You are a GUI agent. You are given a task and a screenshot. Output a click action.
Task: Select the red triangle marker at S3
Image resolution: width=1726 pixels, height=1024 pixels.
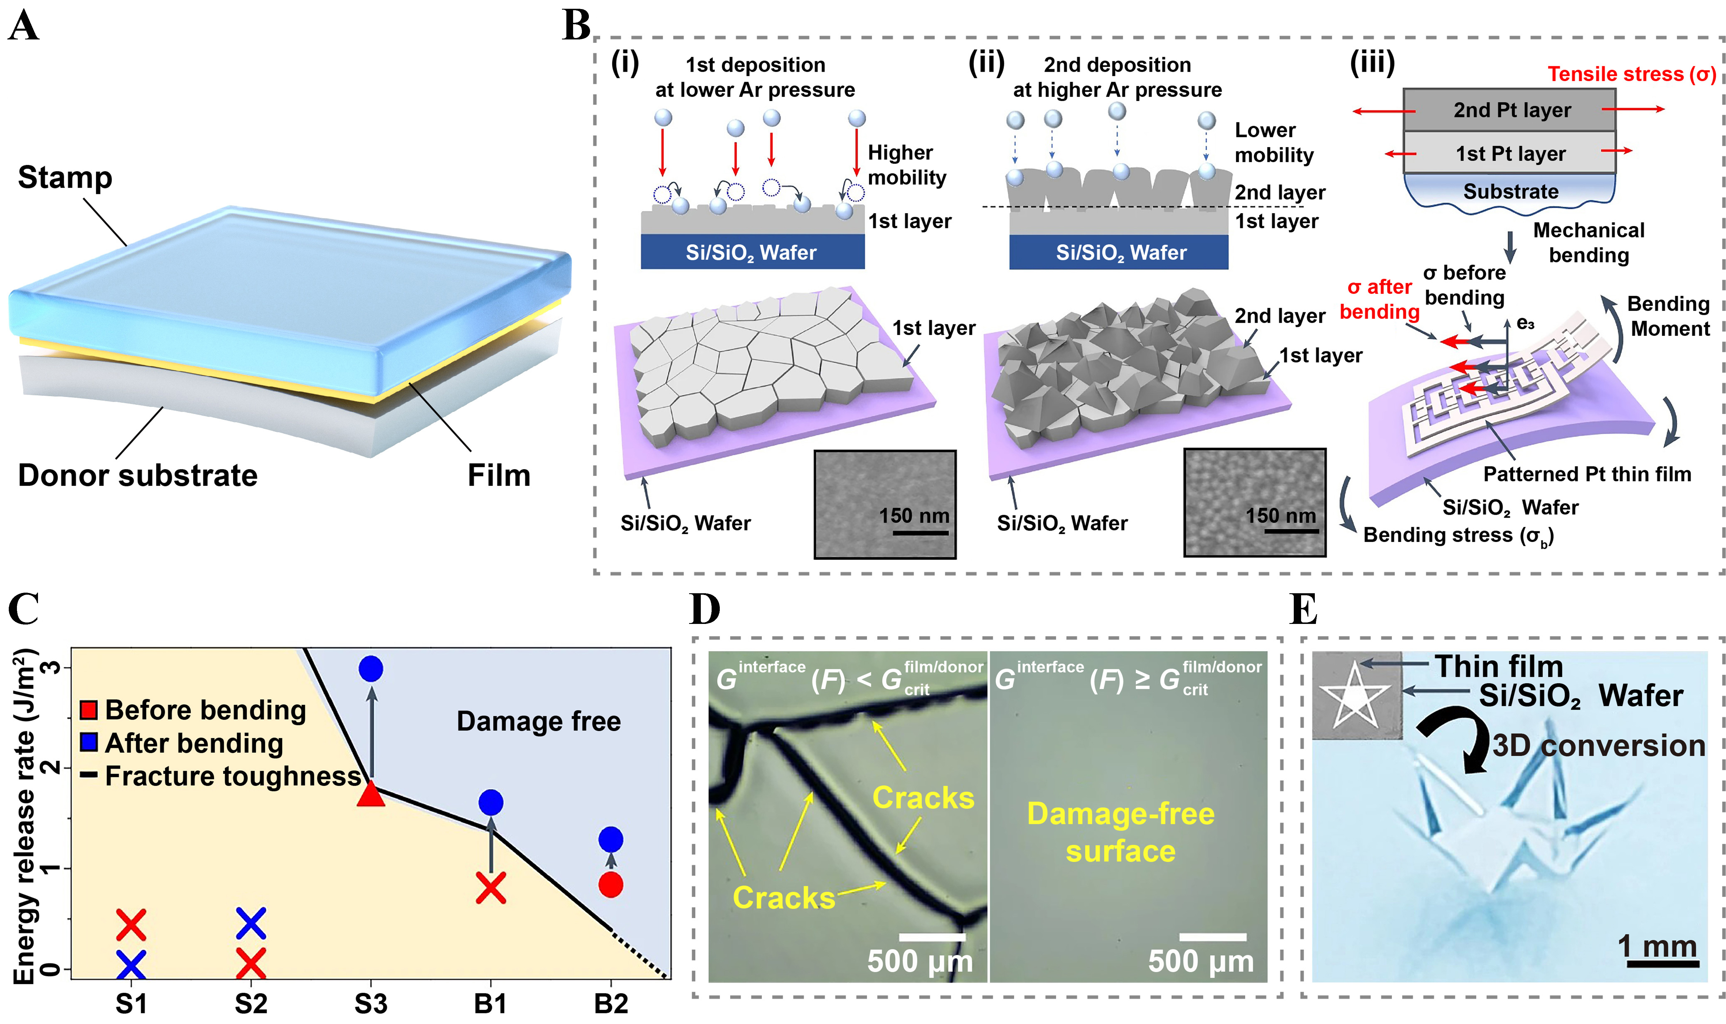[x=371, y=795]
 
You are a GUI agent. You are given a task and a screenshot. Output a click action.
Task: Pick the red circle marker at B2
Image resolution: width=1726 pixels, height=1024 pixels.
[x=611, y=884]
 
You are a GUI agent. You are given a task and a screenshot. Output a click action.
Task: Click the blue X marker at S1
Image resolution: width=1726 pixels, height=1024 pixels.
[x=131, y=965]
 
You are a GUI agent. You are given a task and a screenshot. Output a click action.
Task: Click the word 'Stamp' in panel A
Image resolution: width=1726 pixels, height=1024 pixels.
[x=65, y=177]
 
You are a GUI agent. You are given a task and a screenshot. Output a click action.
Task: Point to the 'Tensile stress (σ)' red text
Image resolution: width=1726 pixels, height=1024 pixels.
[x=1631, y=74]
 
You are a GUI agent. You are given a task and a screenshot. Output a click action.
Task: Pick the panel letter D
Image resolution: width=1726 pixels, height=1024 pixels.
[x=705, y=609]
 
